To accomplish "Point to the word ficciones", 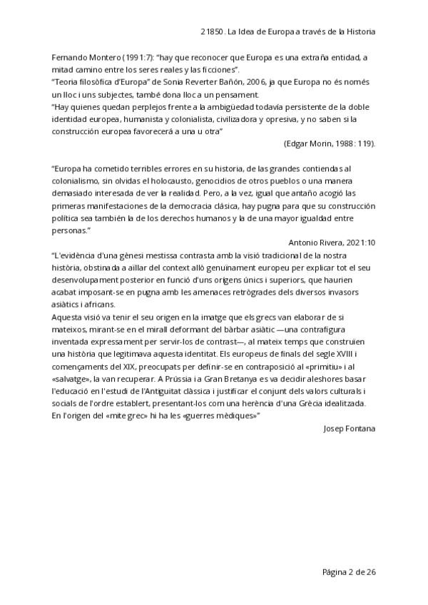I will coord(217,69).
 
